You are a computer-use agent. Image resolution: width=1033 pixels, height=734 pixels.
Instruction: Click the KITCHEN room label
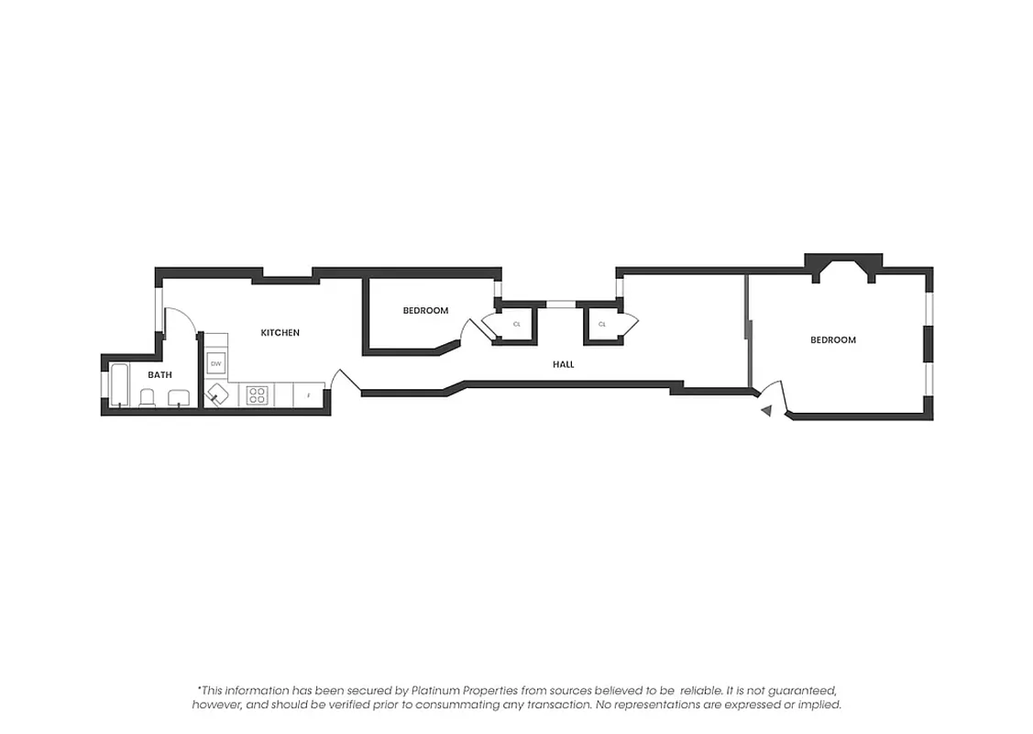tap(280, 332)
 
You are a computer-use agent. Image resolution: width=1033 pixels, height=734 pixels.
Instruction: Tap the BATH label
tap(160, 374)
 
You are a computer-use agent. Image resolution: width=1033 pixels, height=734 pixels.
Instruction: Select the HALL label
tap(563, 364)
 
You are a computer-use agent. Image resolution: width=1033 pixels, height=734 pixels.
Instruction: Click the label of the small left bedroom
tap(425, 310)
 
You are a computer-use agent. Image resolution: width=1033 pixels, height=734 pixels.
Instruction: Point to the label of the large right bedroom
tap(832, 339)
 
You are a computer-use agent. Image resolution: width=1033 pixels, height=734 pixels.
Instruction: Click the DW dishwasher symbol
tap(216, 364)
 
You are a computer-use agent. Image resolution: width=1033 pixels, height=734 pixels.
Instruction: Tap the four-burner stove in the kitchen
tap(257, 395)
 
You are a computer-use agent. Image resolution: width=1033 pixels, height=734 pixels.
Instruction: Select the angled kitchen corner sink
tap(219, 395)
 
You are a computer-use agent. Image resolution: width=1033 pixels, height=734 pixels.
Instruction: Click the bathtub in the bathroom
tap(119, 385)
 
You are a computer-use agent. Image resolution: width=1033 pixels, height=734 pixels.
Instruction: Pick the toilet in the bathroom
tap(147, 397)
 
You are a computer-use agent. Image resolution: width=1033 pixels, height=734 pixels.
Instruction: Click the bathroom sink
tap(178, 397)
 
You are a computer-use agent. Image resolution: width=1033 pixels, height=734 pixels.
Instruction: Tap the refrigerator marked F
tap(309, 395)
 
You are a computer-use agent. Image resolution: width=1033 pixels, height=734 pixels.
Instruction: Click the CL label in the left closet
tap(516, 324)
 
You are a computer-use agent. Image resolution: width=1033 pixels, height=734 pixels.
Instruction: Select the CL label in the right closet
tap(602, 324)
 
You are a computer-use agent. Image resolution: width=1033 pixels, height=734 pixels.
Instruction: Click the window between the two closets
tap(559, 304)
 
